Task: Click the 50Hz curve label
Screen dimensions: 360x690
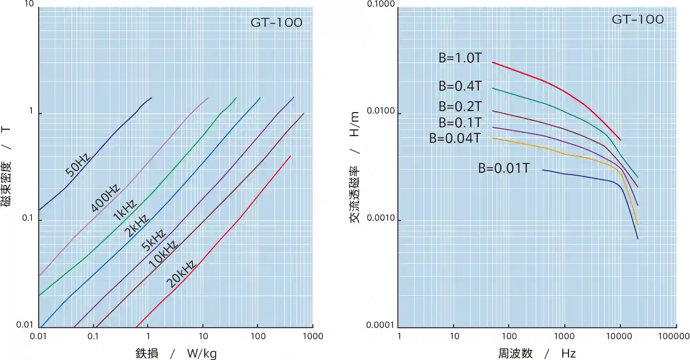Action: [x=78, y=165]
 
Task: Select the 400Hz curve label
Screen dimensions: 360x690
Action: [x=105, y=198]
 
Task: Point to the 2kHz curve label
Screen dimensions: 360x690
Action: [x=137, y=226]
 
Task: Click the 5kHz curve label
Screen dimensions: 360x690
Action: [x=153, y=240]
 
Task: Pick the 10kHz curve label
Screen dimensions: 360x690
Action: [x=163, y=255]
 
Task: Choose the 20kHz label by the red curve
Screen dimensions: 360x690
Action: [x=181, y=274]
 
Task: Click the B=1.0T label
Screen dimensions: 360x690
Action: [x=460, y=58]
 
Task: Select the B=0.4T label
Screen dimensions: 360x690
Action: [x=460, y=86]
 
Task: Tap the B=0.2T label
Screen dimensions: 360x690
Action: [x=460, y=106]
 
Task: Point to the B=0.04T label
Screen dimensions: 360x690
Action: [x=455, y=138]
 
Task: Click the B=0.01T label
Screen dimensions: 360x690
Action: [x=504, y=168]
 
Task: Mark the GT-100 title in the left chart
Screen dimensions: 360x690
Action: [x=277, y=23]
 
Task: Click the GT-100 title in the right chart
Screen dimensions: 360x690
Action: [x=638, y=19]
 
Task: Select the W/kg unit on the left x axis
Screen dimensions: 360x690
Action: [x=202, y=353]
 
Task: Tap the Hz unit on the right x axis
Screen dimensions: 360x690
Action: [x=568, y=353]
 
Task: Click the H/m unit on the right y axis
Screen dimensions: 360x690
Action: [x=354, y=124]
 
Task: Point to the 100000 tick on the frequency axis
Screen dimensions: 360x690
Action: [x=673, y=336]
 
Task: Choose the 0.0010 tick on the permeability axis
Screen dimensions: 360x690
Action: [x=381, y=218]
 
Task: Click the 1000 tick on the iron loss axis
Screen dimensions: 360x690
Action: [x=313, y=336]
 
